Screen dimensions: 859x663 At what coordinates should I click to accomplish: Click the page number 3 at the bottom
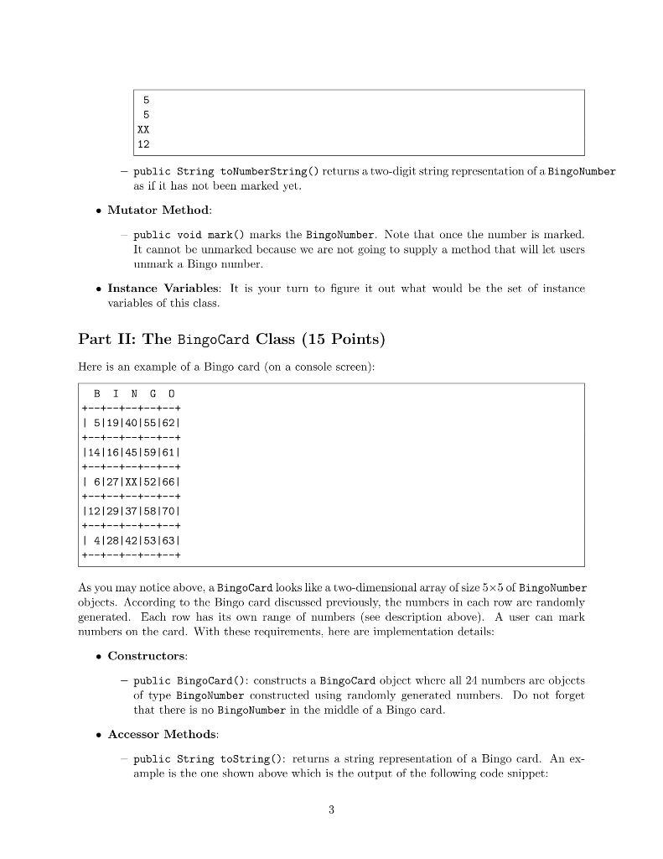331,810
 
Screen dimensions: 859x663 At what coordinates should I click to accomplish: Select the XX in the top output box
144,130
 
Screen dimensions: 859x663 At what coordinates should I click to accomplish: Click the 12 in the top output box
144,144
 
